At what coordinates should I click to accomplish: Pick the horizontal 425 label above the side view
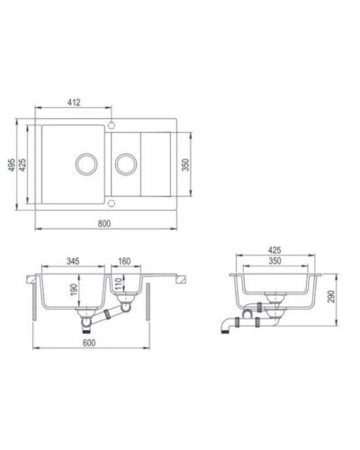tap(275, 252)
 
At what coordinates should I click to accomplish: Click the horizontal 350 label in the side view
tap(275, 263)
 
